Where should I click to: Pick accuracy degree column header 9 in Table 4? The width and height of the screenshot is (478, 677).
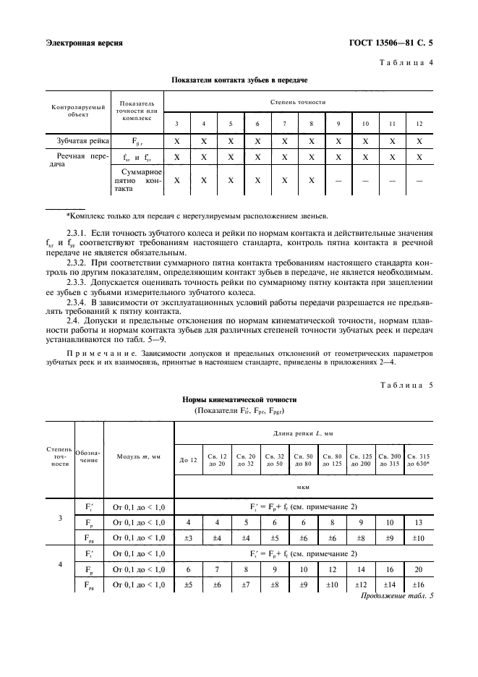[338, 124]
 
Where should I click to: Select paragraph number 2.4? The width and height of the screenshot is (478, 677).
[72, 320]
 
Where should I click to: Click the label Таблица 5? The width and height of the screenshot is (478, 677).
[406, 384]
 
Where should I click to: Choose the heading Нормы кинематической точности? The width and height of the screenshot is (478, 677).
[239, 399]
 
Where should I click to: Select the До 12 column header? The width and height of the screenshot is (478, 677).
[188, 460]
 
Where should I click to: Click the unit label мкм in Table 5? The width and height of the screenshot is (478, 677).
[304, 487]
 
